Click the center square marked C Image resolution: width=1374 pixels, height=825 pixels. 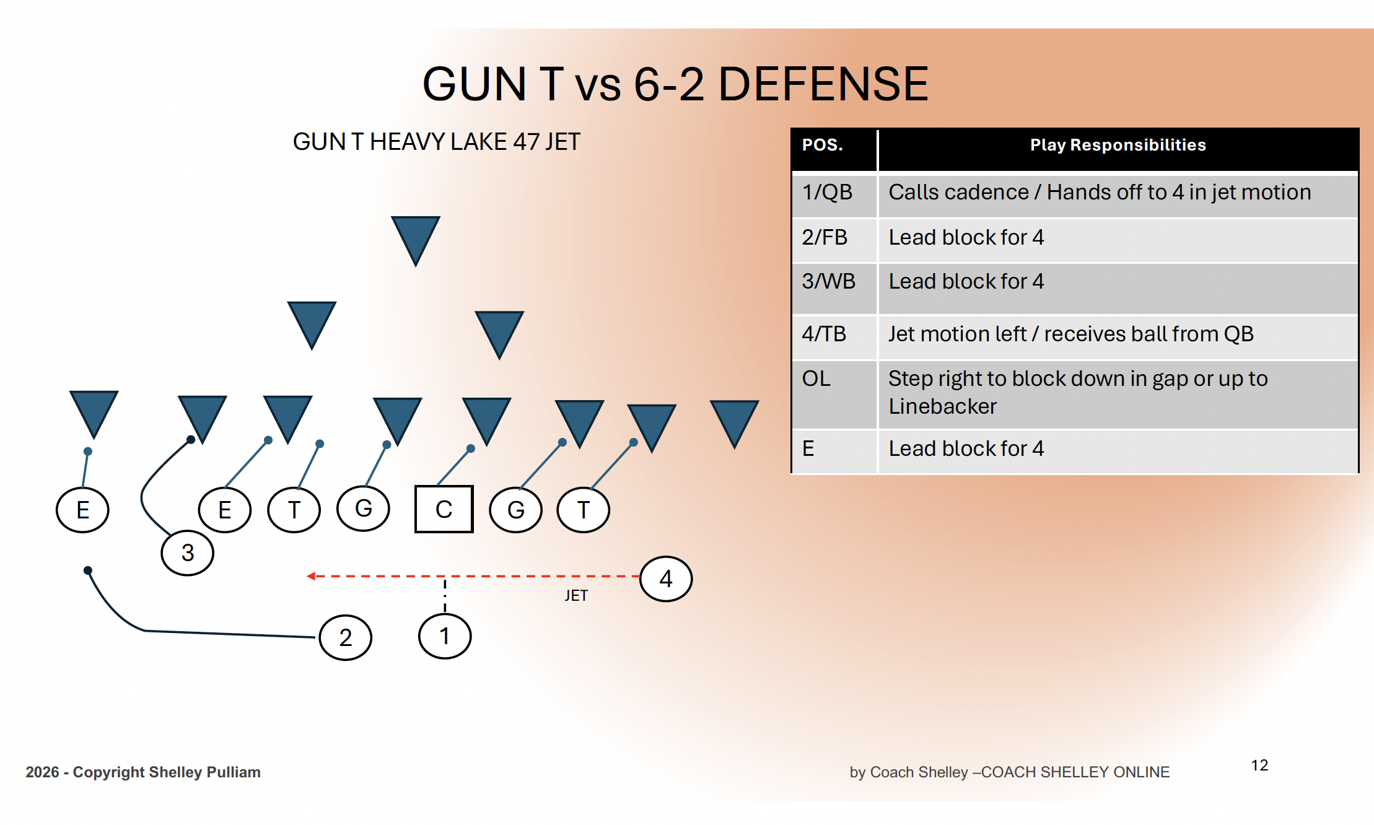[x=444, y=509]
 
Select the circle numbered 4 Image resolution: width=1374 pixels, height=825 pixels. [x=666, y=578]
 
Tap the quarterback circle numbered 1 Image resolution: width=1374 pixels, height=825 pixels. [x=445, y=636]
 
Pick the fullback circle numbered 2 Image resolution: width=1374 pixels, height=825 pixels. [x=346, y=637]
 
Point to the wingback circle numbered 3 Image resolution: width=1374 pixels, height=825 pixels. [x=188, y=552]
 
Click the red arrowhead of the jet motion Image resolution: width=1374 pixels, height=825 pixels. [x=311, y=576]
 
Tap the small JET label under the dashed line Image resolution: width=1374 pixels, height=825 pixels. [x=576, y=596]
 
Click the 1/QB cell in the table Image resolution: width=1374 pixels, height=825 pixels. [x=828, y=192]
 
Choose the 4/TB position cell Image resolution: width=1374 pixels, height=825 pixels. [x=824, y=334]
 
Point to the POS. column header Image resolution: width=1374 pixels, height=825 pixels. [x=823, y=145]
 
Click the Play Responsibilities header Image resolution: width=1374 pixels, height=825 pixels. [x=1118, y=145]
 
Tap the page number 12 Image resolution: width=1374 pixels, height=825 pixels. [x=1259, y=765]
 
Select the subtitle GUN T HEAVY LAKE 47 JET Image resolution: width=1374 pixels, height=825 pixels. [x=437, y=142]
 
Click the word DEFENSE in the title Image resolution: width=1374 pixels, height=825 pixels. [x=823, y=84]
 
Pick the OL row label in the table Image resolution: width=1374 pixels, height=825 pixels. [x=816, y=378]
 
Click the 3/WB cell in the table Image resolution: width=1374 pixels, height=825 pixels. [x=829, y=281]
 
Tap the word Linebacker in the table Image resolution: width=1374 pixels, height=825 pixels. [x=943, y=406]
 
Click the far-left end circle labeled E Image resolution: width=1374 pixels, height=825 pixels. [x=82, y=510]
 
